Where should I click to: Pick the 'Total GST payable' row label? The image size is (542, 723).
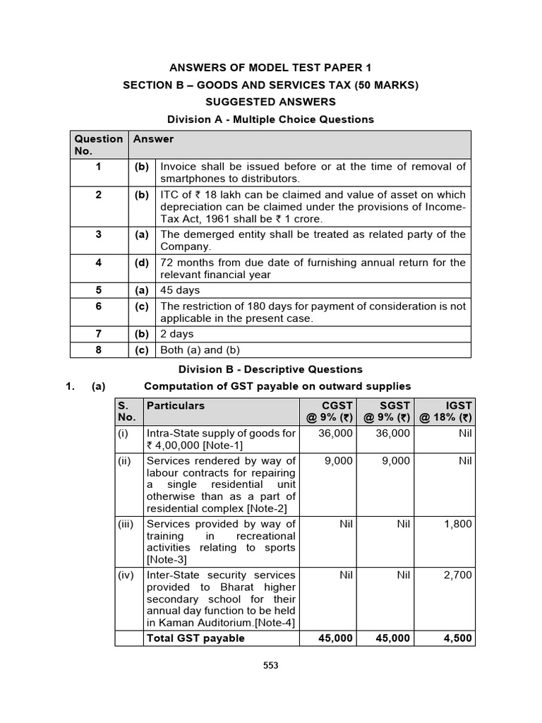(x=195, y=638)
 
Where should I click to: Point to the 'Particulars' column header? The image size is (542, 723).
(x=176, y=406)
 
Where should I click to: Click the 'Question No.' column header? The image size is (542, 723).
(x=99, y=145)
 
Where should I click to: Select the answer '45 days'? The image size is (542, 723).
(x=180, y=290)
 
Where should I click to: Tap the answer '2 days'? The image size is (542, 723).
(x=177, y=334)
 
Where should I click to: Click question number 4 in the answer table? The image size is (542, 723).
(x=99, y=263)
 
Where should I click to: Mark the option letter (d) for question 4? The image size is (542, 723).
(x=142, y=263)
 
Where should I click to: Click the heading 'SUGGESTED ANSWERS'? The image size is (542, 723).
(x=270, y=102)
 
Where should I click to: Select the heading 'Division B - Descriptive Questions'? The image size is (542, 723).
(x=270, y=369)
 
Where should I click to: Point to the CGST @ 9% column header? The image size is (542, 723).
(x=328, y=412)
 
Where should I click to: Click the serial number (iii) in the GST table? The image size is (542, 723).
(x=128, y=524)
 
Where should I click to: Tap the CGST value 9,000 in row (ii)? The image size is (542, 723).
(x=339, y=461)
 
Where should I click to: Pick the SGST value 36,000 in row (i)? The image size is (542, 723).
(x=392, y=433)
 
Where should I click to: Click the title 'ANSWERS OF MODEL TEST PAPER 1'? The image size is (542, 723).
(x=270, y=68)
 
